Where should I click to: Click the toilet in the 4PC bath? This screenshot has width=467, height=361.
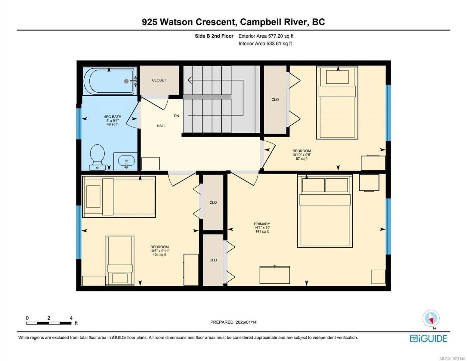(x=97, y=157)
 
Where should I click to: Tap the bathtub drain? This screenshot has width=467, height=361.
(x=126, y=81)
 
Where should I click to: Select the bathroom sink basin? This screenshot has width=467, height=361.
(x=126, y=160)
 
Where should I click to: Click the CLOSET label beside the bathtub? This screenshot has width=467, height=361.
(x=159, y=80)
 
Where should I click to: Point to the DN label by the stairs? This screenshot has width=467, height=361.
(x=176, y=116)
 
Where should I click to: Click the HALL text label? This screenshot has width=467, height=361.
(x=161, y=126)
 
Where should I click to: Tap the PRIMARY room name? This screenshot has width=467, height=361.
(x=262, y=224)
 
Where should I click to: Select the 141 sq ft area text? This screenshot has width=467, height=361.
(x=262, y=231)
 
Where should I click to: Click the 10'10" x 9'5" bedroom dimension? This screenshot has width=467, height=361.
(x=302, y=155)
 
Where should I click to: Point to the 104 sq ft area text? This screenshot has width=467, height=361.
(x=159, y=255)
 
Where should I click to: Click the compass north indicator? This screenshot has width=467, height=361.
(x=431, y=320)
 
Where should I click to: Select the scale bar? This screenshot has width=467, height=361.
(x=49, y=323)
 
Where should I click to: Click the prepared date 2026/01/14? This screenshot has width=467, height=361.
(x=246, y=322)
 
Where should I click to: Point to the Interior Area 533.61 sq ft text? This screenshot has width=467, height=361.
(x=265, y=44)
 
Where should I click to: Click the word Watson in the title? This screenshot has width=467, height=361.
(x=176, y=22)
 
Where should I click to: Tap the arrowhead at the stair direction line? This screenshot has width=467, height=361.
(x=190, y=80)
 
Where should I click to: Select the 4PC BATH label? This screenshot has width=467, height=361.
(x=113, y=117)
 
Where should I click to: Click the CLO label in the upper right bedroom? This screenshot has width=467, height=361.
(x=275, y=100)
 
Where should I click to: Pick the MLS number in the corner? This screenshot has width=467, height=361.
(x=452, y=359)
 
